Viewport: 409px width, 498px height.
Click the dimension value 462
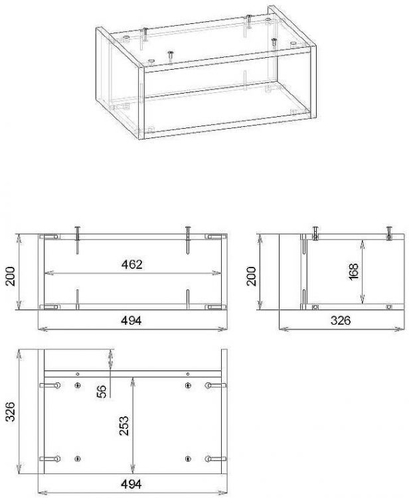coord(131,264)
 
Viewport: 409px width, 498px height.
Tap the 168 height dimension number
coord(353,272)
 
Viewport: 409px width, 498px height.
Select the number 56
coord(101,391)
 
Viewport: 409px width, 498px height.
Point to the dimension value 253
coord(124,426)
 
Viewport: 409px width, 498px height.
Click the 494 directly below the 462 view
coord(131,321)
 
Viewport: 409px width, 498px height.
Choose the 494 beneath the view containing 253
coord(131,484)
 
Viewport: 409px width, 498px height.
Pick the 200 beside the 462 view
coord(10,276)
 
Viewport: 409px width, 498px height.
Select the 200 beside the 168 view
coord(251,276)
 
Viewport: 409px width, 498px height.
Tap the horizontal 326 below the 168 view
coord(341,321)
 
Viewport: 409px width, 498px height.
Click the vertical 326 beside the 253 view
coord(10,412)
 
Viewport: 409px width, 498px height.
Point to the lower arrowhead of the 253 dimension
coord(133,469)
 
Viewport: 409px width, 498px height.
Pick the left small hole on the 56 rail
coord(78,374)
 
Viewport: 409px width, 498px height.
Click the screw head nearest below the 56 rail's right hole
coord(188,386)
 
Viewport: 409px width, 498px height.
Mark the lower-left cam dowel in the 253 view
coord(50,459)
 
